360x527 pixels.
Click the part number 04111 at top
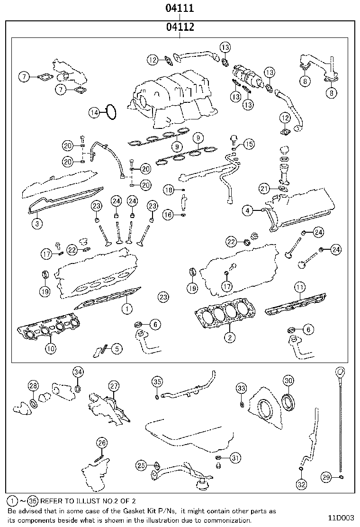pos(180,9)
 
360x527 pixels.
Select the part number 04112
pos(180,27)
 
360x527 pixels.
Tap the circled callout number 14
pos(95,112)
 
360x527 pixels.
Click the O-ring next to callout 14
pos(111,112)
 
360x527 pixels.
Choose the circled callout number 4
pos(247,209)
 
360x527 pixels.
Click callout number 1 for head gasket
pos(126,309)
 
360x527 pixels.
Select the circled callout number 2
pos(229,337)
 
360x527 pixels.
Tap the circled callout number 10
pos(50,348)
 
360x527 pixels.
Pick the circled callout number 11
pos(299,287)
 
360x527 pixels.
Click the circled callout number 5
pos(116,349)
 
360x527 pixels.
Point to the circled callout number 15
pos(249,144)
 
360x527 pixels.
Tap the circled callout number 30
pos(288,381)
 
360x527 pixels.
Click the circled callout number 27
pos(114,386)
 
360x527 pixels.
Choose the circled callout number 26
pos(102,443)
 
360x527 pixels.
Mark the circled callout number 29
pos(326,478)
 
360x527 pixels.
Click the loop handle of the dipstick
pos(342,371)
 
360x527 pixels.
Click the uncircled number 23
pos(163,297)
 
